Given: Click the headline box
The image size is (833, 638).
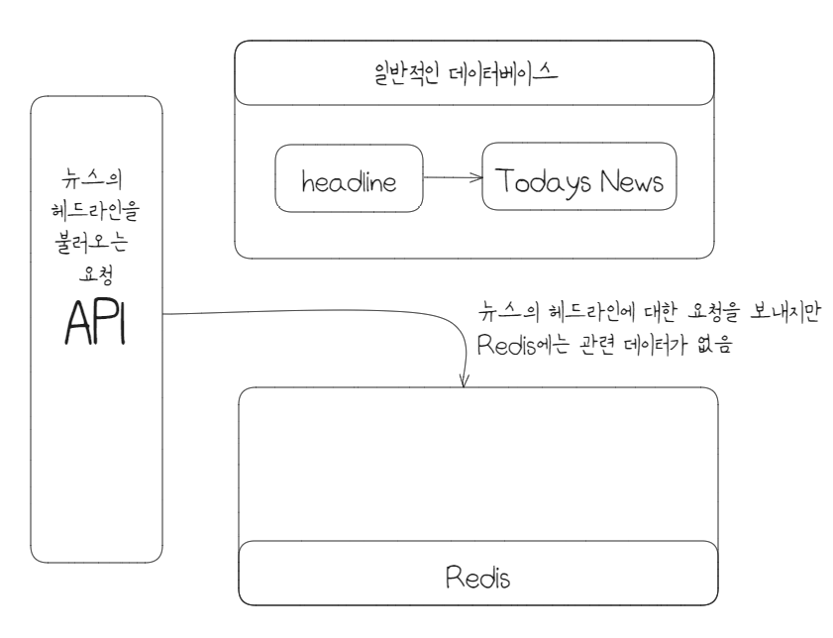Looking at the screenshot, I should [349, 179].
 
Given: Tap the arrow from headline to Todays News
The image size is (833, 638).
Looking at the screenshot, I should [452, 178].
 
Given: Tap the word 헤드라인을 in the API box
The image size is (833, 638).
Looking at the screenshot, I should [96, 212].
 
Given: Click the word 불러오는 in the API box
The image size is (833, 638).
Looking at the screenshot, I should [96, 240].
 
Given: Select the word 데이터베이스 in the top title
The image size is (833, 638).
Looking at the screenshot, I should [515, 73].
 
